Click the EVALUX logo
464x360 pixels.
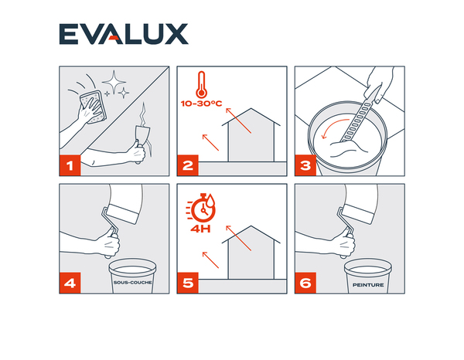tap(124, 34)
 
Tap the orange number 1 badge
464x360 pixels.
tap(70, 165)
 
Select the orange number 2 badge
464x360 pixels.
tap(188, 165)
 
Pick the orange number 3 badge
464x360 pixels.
tap(305, 165)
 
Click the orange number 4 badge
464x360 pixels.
tap(70, 283)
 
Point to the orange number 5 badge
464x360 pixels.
tap(188, 283)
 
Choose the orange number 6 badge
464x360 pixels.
tap(305, 283)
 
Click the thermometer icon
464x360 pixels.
tap(202, 84)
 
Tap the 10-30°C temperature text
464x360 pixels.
tap(201, 104)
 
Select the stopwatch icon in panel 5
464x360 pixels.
tap(201, 207)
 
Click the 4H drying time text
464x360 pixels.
tap(200, 229)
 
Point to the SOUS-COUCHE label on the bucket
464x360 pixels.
tap(132, 283)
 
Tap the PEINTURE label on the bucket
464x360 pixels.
tap(368, 285)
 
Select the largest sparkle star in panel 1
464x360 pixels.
tap(114, 82)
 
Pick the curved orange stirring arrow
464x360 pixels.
tap(333, 127)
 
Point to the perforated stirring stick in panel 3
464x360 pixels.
tap(360, 114)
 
